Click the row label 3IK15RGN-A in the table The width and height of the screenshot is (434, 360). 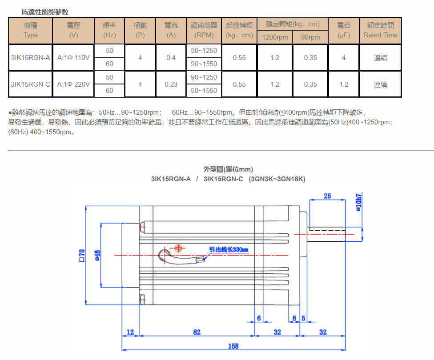[x=30, y=57]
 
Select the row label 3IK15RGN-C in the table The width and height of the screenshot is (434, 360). [x=30, y=84]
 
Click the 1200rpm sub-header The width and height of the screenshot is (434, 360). [x=275, y=37]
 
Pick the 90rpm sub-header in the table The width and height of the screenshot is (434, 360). [x=310, y=37]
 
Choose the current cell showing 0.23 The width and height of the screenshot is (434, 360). [x=171, y=84]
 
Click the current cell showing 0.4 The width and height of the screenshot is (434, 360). [x=171, y=57]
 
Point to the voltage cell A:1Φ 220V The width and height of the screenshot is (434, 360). [x=73, y=84]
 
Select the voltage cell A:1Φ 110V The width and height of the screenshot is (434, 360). [x=73, y=57]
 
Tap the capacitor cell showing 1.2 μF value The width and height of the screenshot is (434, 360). [x=344, y=84]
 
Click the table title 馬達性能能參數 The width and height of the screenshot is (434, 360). [x=45, y=12]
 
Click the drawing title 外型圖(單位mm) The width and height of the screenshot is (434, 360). [x=228, y=169]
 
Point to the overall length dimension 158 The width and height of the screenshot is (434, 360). [x=233, y=346]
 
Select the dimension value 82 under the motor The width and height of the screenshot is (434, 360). [x=197, y=332]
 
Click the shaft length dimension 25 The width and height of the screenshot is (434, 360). [x=327, y=196]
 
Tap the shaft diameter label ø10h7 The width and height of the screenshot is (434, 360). [x=359, y=202]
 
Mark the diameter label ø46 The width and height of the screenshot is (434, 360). [x=97, y=255]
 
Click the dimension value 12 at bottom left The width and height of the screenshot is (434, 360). [x=130, y=332]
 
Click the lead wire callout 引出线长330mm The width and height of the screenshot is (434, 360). [x=229, y=250]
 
